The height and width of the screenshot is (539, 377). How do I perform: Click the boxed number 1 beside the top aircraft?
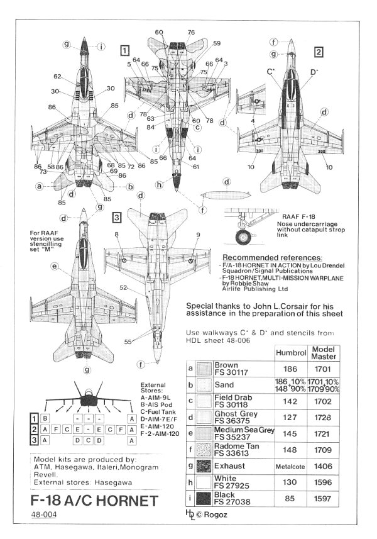(126, 50)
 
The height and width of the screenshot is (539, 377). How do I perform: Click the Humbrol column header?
(290, 353)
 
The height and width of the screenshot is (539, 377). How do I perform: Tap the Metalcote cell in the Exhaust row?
(290, 467)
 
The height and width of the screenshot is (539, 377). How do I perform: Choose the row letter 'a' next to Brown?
(190, 368)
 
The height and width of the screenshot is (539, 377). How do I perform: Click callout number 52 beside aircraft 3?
(124, 288)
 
